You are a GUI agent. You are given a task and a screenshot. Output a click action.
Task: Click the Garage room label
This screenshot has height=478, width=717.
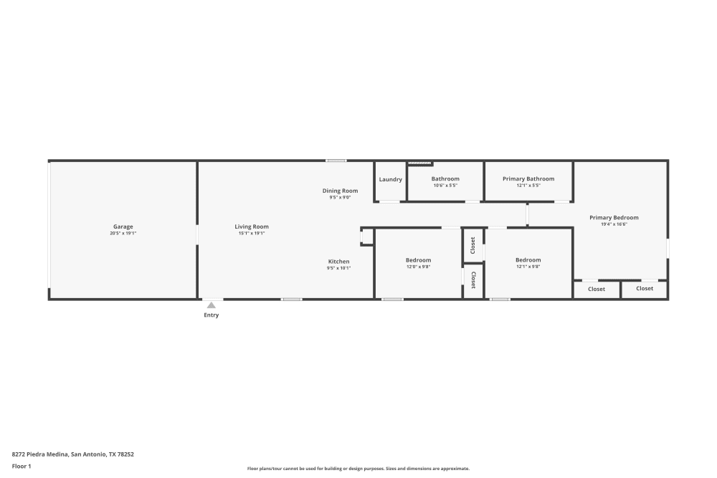point(123,226)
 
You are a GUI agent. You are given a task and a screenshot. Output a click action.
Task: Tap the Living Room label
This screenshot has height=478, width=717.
point(252,226)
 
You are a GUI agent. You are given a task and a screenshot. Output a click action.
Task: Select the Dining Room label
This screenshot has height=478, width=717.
point(340,191)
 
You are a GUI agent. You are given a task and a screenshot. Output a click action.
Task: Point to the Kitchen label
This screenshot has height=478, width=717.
point(339,262)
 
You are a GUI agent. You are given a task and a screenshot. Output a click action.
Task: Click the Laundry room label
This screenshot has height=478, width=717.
point(391,179)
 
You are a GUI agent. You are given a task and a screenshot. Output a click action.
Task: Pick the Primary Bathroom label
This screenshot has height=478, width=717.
point(528,178)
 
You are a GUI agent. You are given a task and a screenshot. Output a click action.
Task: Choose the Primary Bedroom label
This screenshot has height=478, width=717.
point(614,217)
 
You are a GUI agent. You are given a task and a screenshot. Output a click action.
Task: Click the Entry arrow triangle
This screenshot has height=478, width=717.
point(212,305)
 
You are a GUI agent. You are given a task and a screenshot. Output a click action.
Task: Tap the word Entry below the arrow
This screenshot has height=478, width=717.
point(212,315)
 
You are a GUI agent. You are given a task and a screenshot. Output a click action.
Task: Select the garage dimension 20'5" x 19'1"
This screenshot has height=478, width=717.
point(123,234)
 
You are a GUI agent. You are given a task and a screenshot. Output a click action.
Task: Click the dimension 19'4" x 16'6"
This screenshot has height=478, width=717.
point(614,224)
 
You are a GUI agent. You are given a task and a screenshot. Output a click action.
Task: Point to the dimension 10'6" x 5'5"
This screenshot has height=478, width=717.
point(445,186)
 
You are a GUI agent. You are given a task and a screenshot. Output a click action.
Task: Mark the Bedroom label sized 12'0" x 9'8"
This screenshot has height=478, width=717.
point(419,260)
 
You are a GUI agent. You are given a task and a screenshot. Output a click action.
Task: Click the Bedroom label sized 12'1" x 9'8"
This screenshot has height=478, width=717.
point(528,260)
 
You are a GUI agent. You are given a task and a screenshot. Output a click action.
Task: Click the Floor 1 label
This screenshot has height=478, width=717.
point(22,466)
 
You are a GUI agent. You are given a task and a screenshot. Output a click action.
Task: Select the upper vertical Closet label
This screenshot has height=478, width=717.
point(473,246)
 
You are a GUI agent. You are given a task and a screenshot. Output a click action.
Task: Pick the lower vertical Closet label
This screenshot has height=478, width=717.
point(473,279)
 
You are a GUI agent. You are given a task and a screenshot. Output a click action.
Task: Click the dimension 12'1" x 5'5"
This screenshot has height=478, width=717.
point(528,186)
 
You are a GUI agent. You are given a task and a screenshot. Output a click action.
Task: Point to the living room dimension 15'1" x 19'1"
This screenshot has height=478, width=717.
point(252,234)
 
